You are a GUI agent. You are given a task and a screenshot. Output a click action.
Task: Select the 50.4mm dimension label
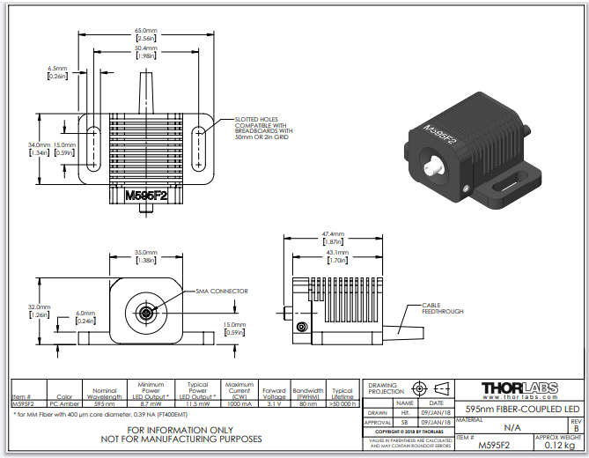(x=146, y=50)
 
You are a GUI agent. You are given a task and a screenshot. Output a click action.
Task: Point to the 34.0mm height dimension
(x=39, y=147)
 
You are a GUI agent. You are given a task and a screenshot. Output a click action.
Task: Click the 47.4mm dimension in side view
(x=332, y=237)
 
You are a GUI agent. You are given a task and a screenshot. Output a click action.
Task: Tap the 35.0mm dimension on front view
(x=145, y=255)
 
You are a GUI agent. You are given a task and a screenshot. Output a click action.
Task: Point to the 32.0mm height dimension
(x=39, y=310)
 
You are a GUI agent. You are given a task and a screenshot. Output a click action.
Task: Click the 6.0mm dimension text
(x=85, y=315)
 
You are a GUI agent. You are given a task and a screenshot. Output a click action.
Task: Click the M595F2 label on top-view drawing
(x=146, y=196)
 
